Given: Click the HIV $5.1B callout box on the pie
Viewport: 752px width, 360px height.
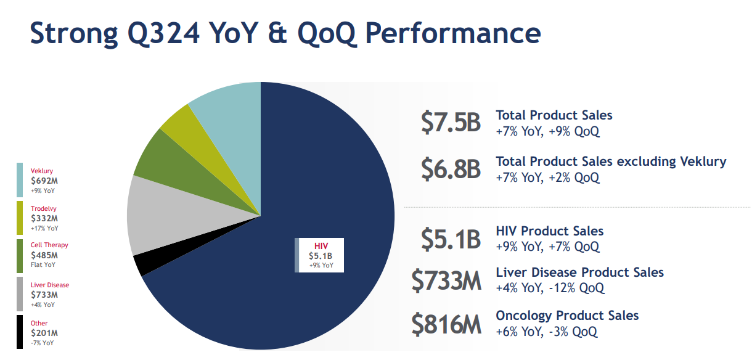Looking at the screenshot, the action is pos(319,255).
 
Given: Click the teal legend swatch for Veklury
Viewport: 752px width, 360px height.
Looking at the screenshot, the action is pos(20,179).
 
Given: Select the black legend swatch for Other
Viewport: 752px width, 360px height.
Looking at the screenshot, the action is pos(20,332).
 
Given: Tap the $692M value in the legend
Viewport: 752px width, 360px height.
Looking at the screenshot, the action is pos(44,181).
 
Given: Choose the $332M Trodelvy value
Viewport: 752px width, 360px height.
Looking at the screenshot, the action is pos(44,219).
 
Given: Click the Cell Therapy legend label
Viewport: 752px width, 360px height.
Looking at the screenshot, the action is pos(49,245).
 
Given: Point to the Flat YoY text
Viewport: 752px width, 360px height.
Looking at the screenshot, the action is pos(43,264).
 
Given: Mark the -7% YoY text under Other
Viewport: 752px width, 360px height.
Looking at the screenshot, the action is pos(43,343).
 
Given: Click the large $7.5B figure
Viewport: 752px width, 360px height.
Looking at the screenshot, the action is pos(451,122).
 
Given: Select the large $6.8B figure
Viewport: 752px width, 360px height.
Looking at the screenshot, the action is pos(451,169).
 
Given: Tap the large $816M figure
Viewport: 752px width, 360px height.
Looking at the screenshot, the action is pos(446,324).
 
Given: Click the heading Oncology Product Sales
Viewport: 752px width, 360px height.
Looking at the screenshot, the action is pos(567,316).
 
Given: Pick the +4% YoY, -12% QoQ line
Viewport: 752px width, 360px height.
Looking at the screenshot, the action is pos(550,288).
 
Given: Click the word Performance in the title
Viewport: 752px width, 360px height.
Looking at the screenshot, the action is pos(453,33).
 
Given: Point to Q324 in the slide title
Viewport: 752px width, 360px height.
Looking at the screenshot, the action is pos(163,33).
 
